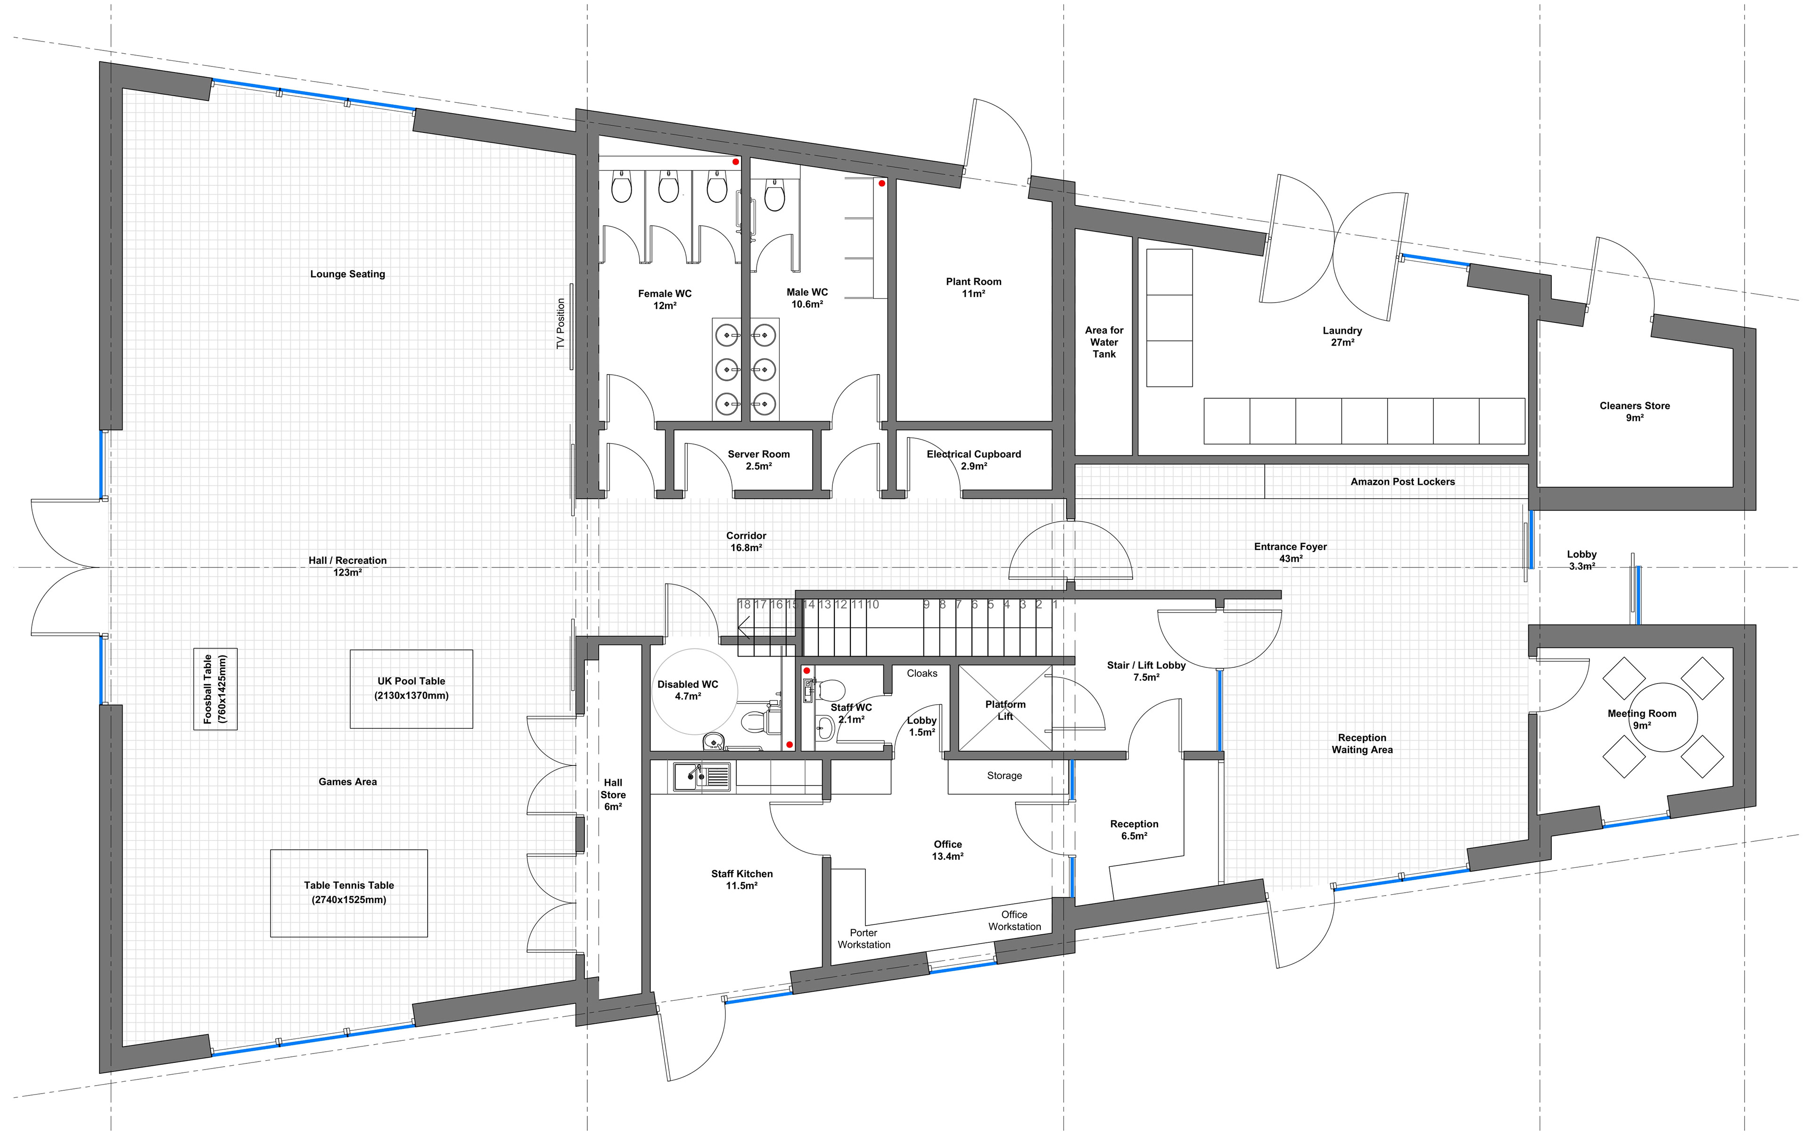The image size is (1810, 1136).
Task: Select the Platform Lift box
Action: (1005, 708)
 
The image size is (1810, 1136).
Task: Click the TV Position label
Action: (560, 324)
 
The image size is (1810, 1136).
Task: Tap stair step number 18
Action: (744, 604)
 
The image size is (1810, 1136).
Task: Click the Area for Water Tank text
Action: (1104, 342)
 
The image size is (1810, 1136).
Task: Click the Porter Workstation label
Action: (864, 938)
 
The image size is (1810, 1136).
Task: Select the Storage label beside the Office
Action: (1004, 775)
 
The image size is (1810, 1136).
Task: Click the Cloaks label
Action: (922, 673)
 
